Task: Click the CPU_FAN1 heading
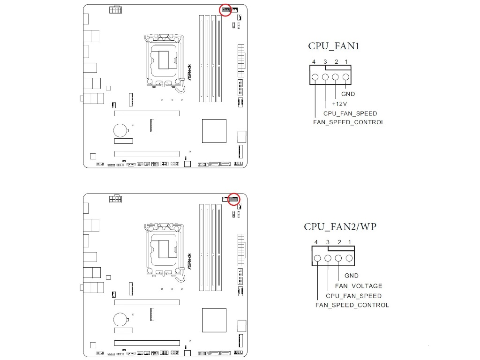333,46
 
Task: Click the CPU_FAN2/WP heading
340,227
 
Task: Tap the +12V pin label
339,104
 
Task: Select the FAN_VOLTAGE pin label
359,286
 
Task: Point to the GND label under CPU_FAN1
348,94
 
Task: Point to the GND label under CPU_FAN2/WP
352,276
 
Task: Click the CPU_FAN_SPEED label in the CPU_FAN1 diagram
350,113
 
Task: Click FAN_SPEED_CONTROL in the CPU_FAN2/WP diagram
352,305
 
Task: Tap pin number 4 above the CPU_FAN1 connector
314,62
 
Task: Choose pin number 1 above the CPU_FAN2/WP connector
350,242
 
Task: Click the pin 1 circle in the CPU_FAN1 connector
345,77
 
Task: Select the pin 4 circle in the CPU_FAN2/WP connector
317,258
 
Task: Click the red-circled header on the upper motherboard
225,10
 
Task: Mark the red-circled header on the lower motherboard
234,199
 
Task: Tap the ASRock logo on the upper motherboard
189,72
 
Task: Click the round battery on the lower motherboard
120,319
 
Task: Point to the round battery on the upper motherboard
120,130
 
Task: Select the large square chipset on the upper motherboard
214,131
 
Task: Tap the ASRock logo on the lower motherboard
189,262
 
